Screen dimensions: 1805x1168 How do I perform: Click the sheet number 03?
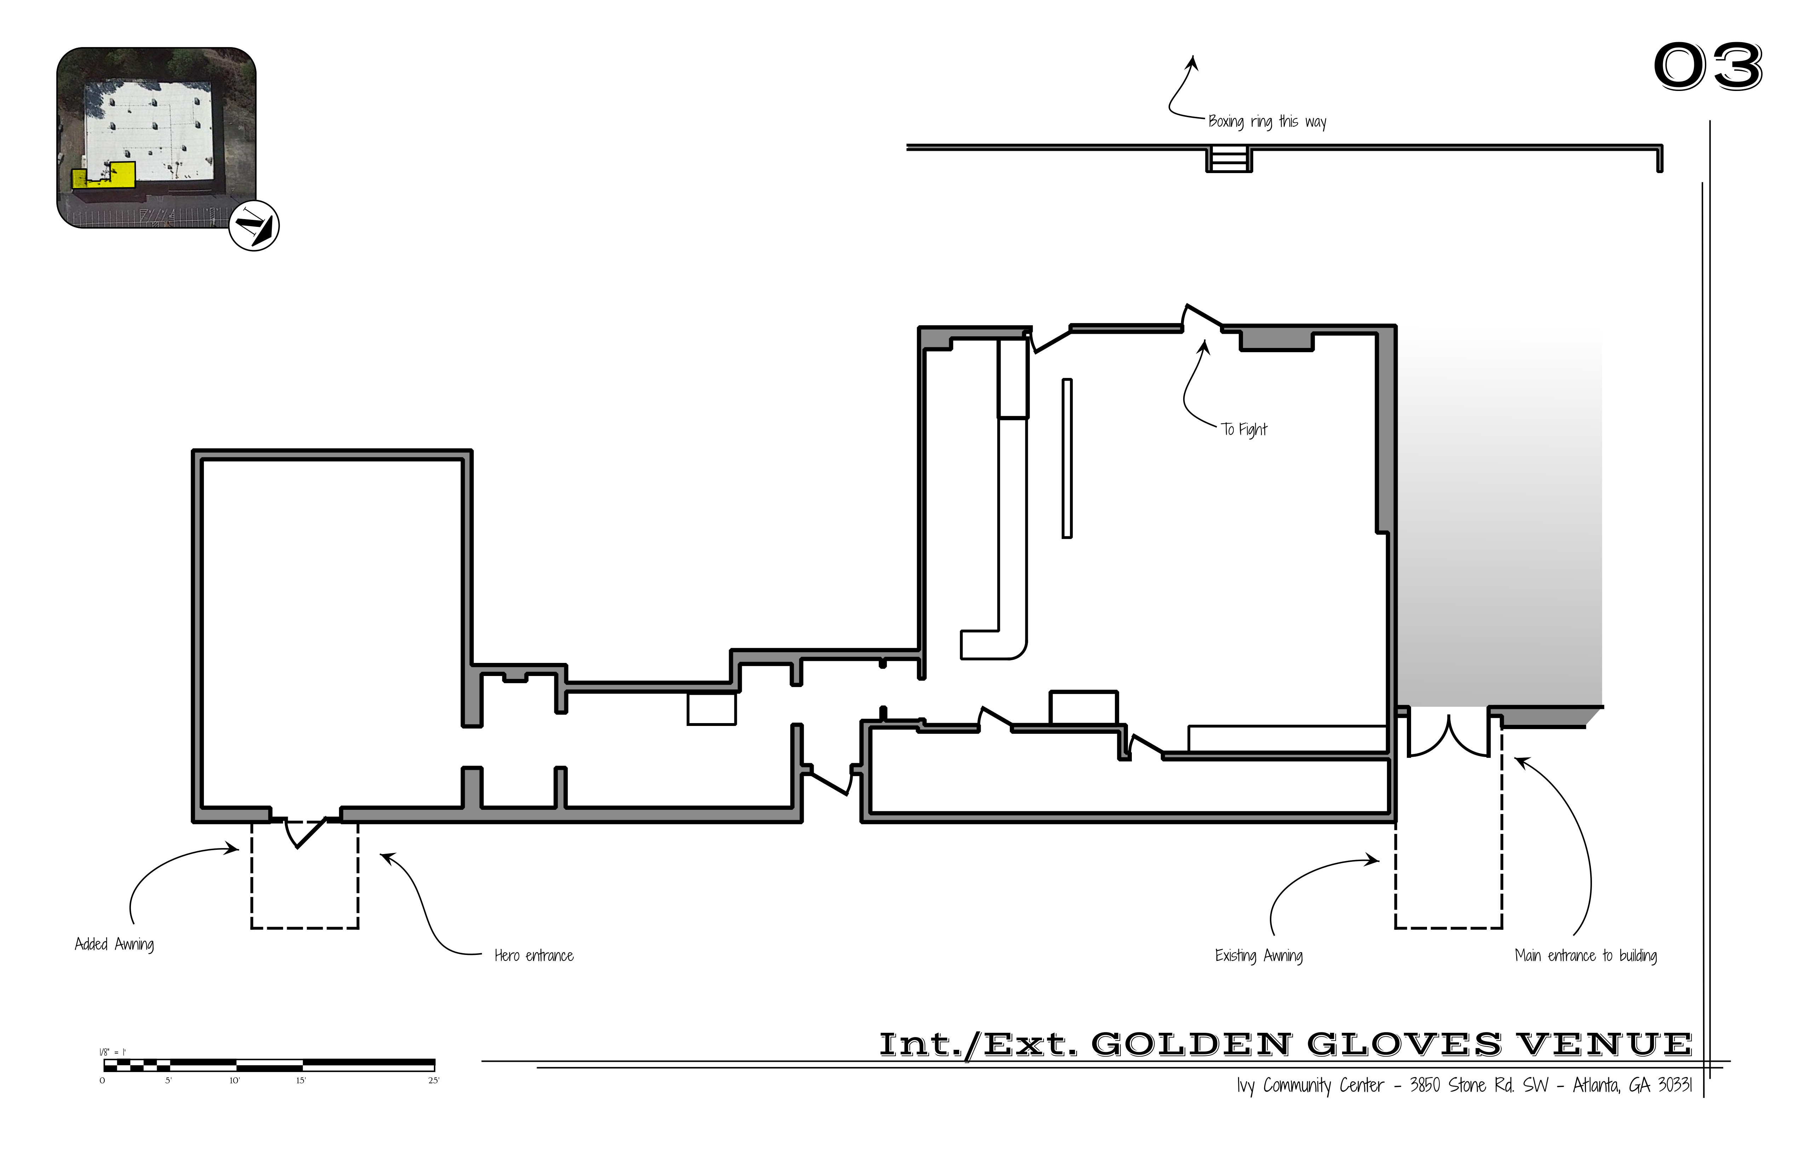tap(1708, 67)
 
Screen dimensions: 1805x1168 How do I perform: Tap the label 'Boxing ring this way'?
tap(1267, 121)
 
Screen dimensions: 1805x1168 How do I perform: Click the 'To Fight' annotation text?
tap(1244, 429)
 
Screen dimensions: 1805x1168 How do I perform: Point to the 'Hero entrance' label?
tap(534, 956)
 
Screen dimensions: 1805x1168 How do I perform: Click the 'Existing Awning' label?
tap(1259, 956)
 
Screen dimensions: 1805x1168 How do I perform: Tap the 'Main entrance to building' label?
tap(1586, 956)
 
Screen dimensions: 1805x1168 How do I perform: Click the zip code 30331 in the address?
tap(1674, 1085)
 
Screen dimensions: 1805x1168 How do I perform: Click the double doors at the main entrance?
tap(1449, 736)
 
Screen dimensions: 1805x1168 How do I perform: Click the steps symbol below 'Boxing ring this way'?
tap(1228, 160)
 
